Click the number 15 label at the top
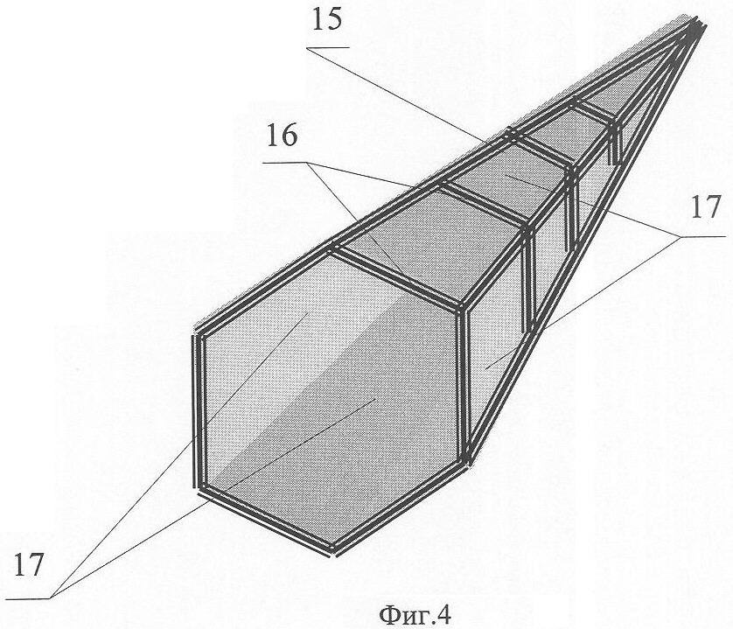coord(327,21)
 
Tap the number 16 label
coord(282,136)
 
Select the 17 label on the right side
coord(705,207)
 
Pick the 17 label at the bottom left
coord(29,564)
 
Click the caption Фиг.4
coord(415,615)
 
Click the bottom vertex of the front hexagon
coord(333,550)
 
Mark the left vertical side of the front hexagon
coord(199,411)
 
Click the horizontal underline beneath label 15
coord(328,48)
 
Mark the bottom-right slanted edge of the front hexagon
coord(399,507)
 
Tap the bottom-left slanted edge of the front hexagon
coord(267,520)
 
